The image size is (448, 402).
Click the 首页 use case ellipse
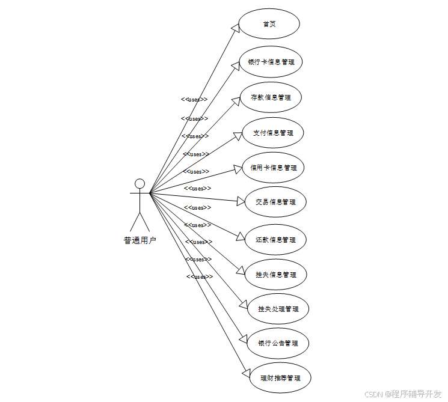[x=269, y=24]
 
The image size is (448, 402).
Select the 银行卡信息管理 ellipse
[x=271, y=62]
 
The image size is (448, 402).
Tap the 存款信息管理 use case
[x=271, y=97]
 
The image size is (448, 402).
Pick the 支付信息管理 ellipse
[x=273, y=133]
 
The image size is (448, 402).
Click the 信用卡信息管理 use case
[x=273, y=168]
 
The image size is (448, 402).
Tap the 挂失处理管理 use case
[x=278, y=309]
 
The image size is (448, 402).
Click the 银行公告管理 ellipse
[x=278, y=344]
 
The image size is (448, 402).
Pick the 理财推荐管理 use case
[x=280, y=379]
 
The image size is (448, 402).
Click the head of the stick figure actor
[x=140, y=183]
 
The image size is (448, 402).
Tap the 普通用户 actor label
[x=140, y=241]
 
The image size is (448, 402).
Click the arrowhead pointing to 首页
[x=236, y=28]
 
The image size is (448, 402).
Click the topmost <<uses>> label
[x=195, y=100]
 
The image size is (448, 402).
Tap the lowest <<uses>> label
[x=200, y=277]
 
